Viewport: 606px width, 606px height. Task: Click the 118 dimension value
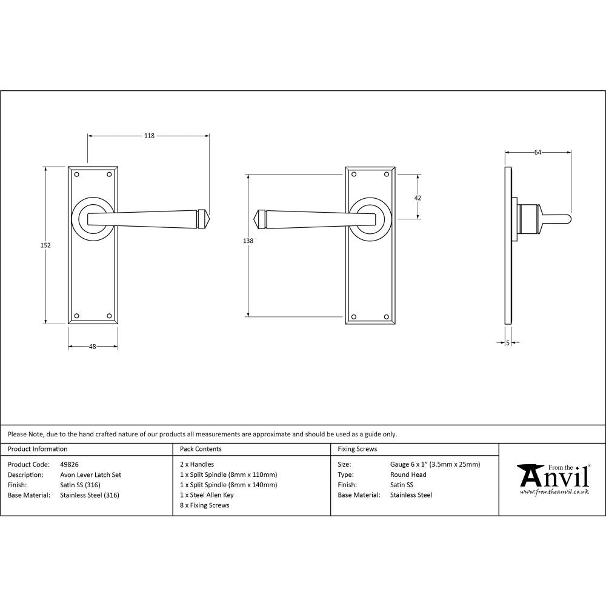[x=148, y=136]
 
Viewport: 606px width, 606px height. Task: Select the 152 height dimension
[x=46, y=245]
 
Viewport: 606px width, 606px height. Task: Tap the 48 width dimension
[x=92, y=347]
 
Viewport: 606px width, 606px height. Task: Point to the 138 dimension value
[x=247, y=241]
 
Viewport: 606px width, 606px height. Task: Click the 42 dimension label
[x=418, y=198]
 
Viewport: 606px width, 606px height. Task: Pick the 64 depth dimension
[x=538, y=153]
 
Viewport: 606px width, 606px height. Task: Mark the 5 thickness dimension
[x=507, y=343]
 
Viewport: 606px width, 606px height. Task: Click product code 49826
[x=70, y=465]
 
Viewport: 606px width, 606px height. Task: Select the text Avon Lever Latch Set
[x=90, y=475]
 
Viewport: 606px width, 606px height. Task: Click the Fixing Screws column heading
[x=357, y=449]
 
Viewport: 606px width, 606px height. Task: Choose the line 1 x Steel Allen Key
[x=207, y=495]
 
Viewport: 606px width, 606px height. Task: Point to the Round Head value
[x=408, y=475]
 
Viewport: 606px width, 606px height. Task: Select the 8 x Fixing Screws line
[x=205, y=505]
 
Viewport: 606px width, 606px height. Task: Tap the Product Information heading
[x=38, y=449]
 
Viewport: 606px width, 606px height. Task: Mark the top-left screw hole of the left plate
[x=76, y=175]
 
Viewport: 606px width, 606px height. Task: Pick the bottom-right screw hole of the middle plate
[x=386, y=316]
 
